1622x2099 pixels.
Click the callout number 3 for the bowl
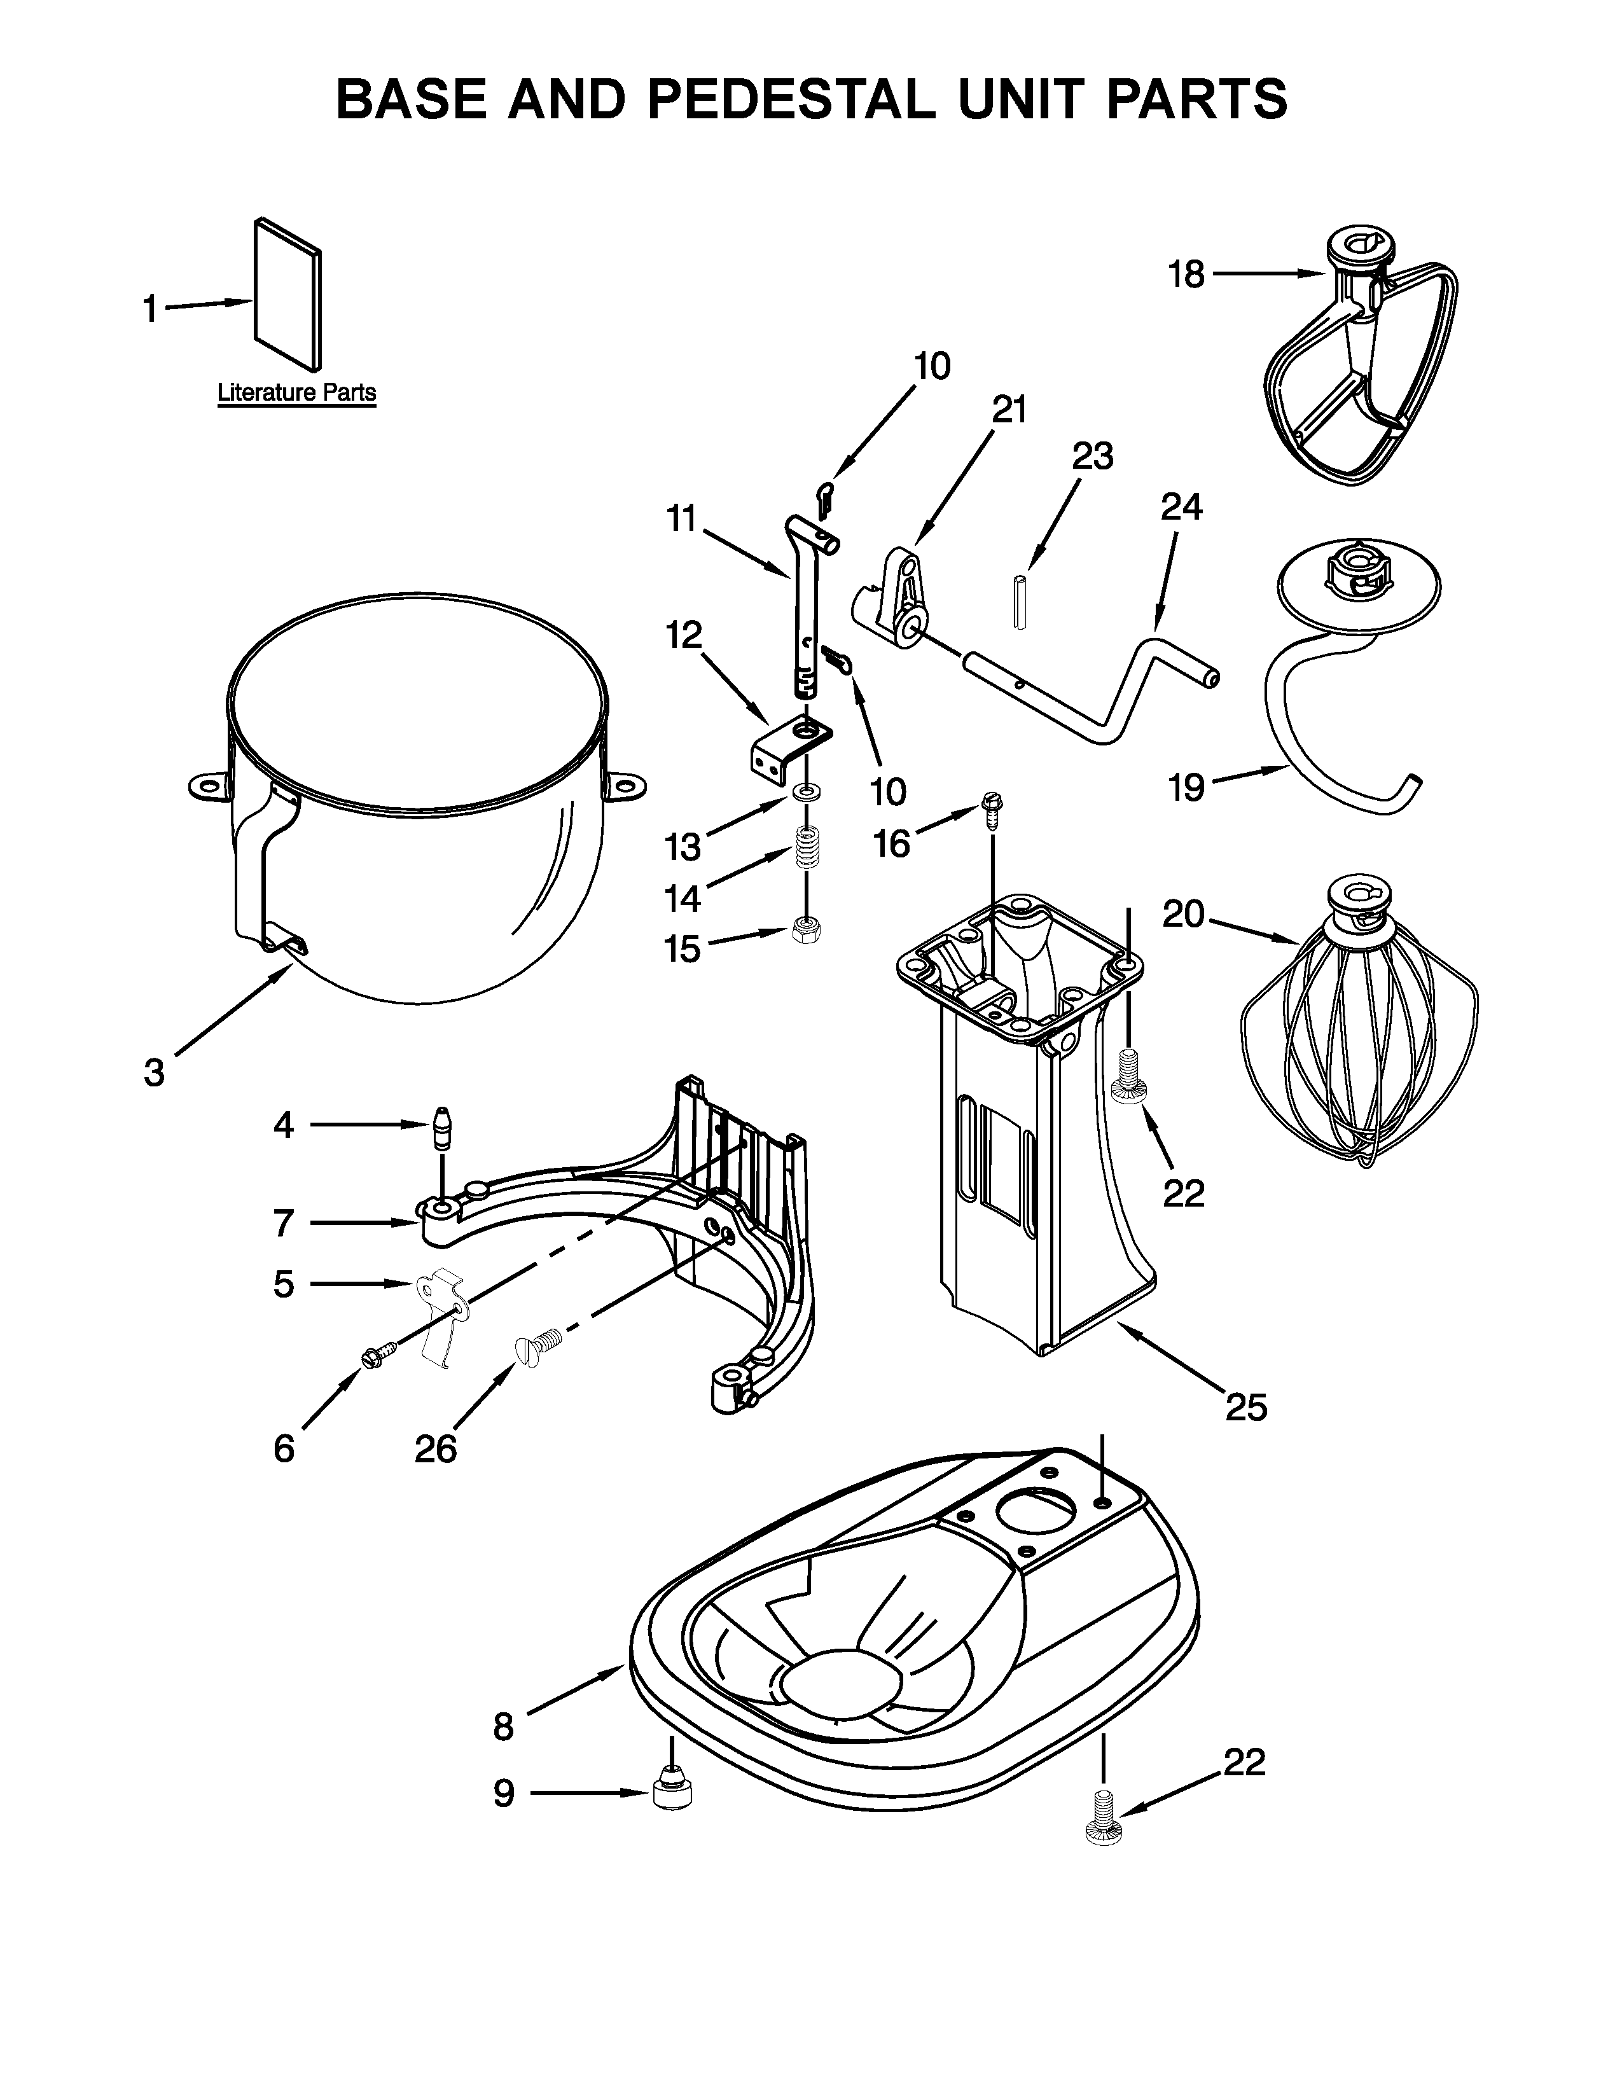154,1072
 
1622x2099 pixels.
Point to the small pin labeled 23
1020,600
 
